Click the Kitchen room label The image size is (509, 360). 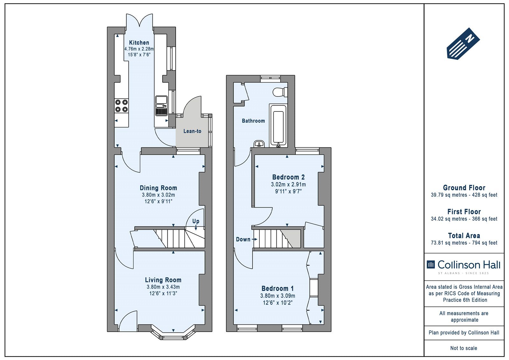point(139,43)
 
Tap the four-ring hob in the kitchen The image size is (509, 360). point(121,106)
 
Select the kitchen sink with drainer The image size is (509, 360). point(161,106)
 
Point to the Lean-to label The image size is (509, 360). point(192,131)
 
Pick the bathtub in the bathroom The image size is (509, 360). point(278,125)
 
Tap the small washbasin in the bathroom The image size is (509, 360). point(259,144)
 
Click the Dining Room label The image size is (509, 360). point(158,188)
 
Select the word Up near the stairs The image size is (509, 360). point(196,221)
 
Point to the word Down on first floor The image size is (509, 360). point(243,239)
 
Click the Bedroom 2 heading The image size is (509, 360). point(288,177)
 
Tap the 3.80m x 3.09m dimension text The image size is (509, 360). point(277,296)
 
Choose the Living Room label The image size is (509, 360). point(163,280)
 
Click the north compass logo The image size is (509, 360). point(463,44)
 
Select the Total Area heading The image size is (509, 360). point(464,236)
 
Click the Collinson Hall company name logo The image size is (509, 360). point(464,265)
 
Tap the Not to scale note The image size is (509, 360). point(464,348)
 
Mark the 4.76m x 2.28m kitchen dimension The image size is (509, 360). point(139,49)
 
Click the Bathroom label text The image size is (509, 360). point(253,121)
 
